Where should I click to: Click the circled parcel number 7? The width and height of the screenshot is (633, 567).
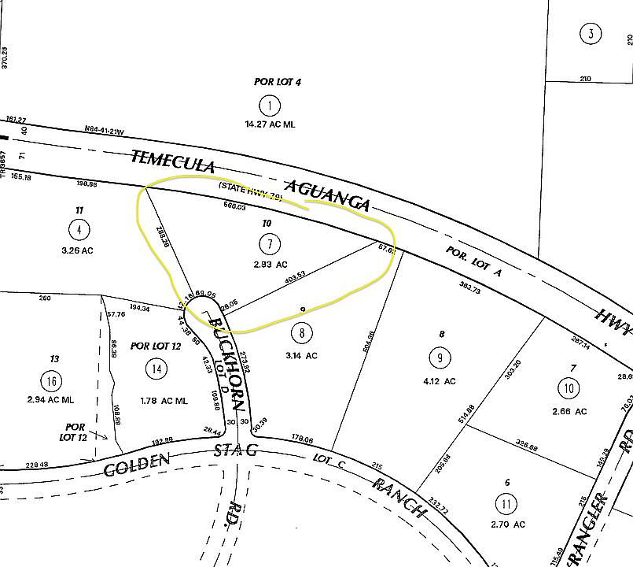pyautogui.click(x=270, y=243)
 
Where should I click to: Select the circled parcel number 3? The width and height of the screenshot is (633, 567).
pyautogui.click(x=590, y=34)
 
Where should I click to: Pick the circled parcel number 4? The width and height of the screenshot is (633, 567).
pyautogui.click(x=79, y=230)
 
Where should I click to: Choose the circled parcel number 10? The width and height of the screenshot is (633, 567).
pyautogui.click(x=569, y=387)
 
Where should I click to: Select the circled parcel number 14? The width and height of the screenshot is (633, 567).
pyautogui.click(x=158, y=368)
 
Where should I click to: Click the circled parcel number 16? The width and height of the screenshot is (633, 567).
pyautogui.click(x=53, y=382)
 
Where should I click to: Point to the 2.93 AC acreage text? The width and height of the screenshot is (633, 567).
pyautogui.click(x=270, y=265)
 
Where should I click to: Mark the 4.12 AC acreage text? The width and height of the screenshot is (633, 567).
pyautogui.click(x=439, y=381)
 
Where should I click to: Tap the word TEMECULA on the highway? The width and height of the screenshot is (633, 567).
pyautogui.click(x=173, y=163)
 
